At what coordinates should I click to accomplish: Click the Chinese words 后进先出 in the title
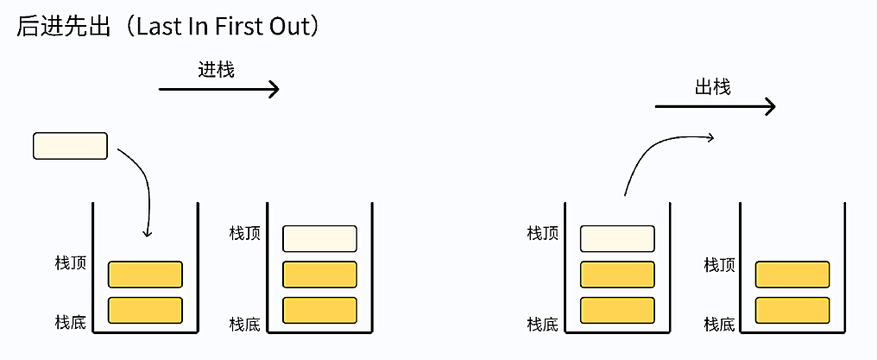pyautogui.click(x=65, y=26)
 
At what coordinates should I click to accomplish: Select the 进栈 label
pyautogui.click(x=216, y=70)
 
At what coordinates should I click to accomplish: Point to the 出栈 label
pyautogui.click(x=713, y=87)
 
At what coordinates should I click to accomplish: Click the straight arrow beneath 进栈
pyautogui.click(x=219, y=89)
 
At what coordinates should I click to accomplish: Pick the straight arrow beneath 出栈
pyautogui.click(x=715, y=106)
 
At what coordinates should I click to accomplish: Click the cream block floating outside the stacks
pyautogui.click(x=70, y=146)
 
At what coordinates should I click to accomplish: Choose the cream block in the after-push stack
pyautogui.click(x=319, y=238)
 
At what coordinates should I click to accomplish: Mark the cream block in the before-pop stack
pyautogui.click(x=617, y=238)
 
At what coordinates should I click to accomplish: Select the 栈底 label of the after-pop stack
pyautogui.click(x=719, y=325)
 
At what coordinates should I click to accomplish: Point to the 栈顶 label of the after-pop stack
pyautogui.click(x=719, y=264)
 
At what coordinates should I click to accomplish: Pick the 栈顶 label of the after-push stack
pyautogui.click(x=245, y=233)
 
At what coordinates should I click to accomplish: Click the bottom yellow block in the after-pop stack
pyautogui.click(x=792, y=310)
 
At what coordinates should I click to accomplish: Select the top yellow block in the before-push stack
pyautogui.click(x=145, y=275)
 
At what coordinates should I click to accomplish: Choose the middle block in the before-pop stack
pyautogui.click(x=617, y=275)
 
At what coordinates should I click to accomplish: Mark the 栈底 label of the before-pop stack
pyautogui.click(x=543, y=325)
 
